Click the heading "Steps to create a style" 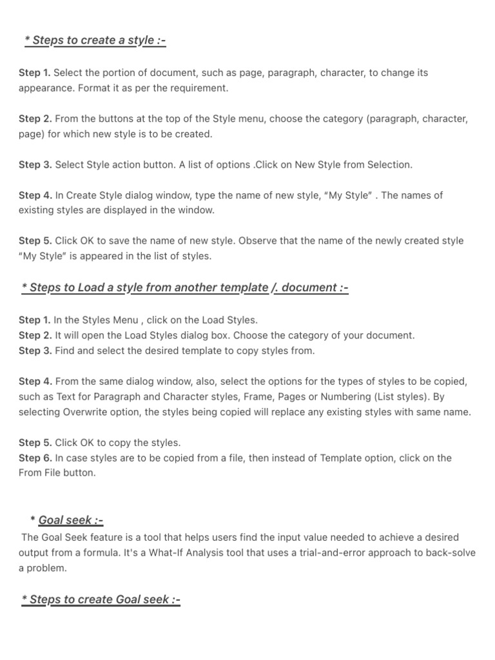point(95,41)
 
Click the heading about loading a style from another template point(185,287)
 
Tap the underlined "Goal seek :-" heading point(71,520)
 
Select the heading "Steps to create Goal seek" point(101,599)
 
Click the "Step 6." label point(35,458)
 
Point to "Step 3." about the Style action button point(35,164)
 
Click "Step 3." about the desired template point(35,351)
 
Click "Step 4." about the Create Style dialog point(35,195)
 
